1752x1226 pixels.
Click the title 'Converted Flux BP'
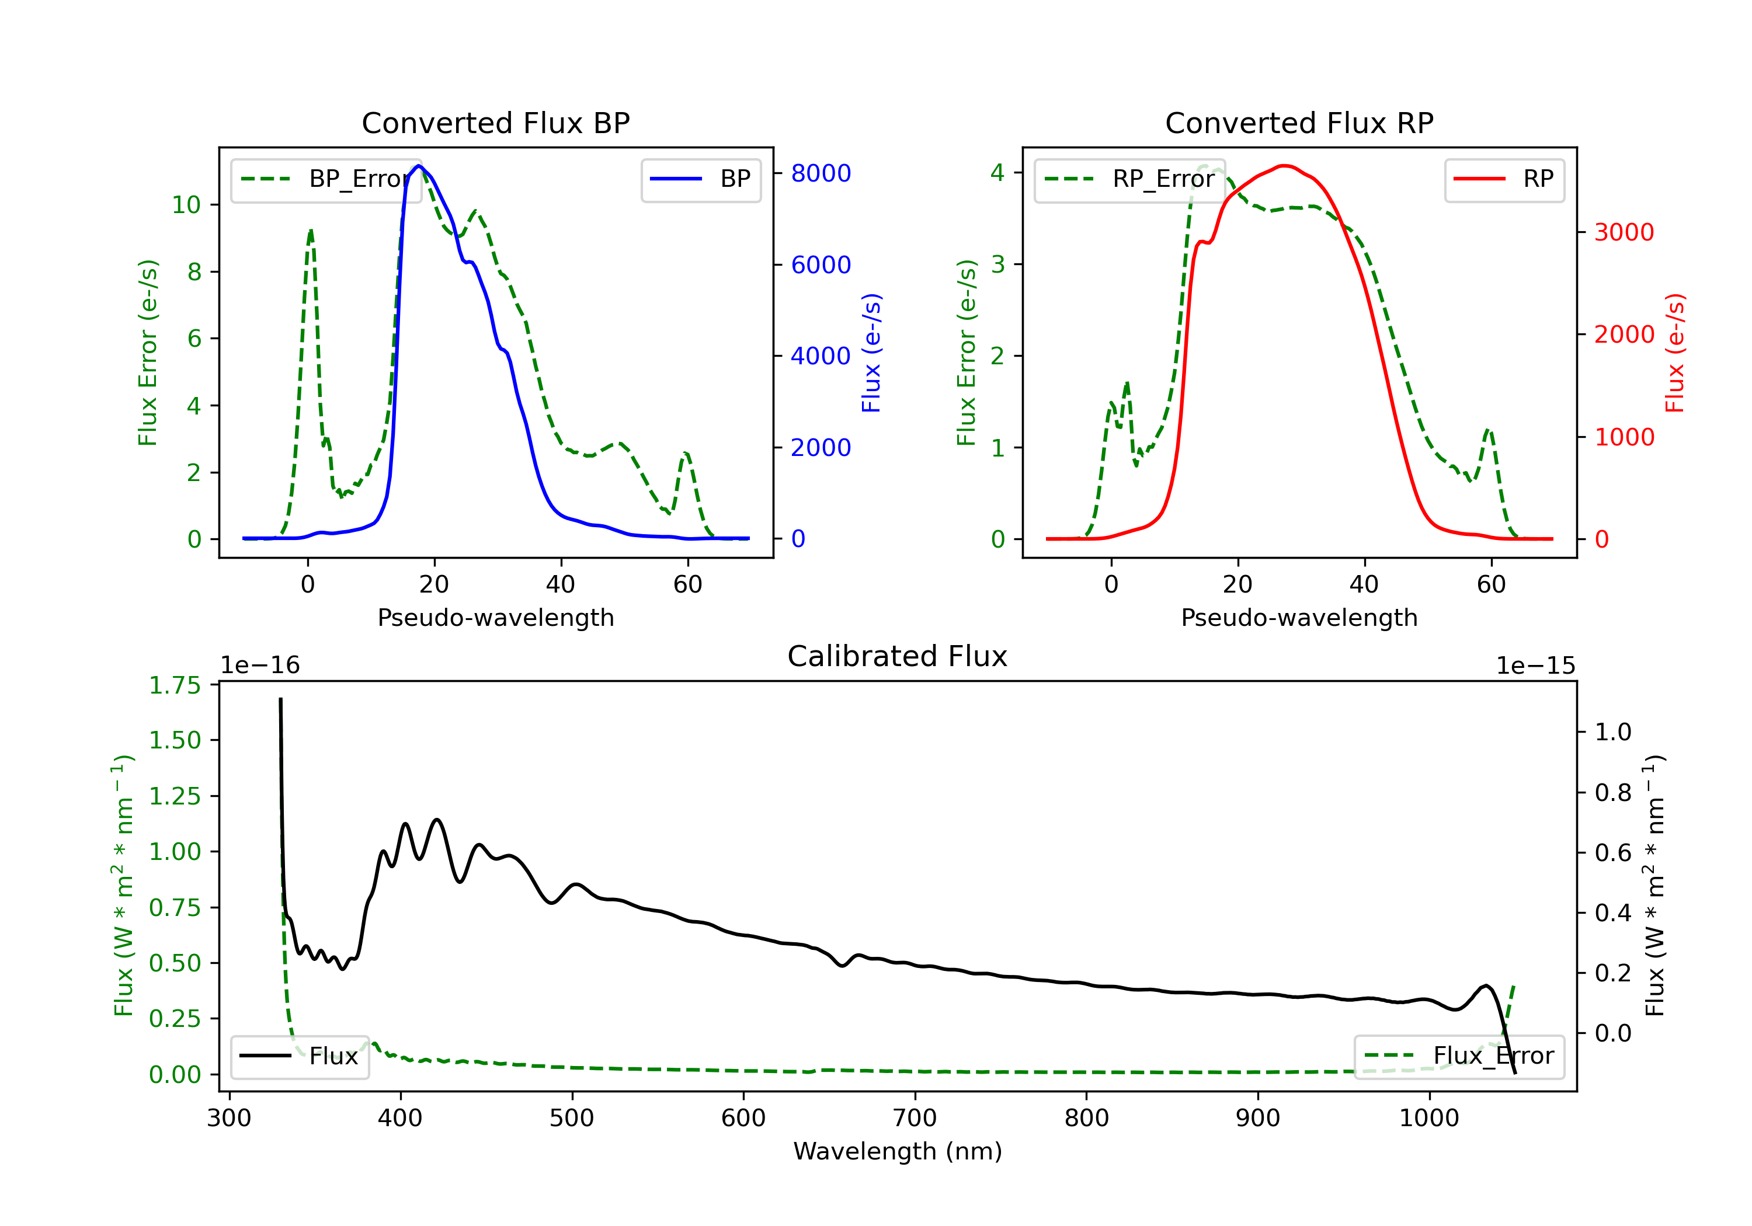tap(495, 123)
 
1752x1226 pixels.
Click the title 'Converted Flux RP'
tap(1299, 123)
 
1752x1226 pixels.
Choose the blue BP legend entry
tap(700, 179)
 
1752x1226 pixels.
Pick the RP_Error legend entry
tap(1129, 179)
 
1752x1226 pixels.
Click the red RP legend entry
tap(1503, 179)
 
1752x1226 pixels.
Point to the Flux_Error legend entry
tap(1458, 1056)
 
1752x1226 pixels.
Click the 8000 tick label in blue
tap(821, 173)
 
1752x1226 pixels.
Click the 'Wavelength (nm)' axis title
tap(898, 1151)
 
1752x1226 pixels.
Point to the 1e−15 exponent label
tap(1535, 666)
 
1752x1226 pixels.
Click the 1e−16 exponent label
tap(260, 666)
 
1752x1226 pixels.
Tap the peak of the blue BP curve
tap(418, 166)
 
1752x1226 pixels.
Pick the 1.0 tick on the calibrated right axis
tap(1612, 733)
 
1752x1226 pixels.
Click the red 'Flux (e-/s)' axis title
tap(1675, 353)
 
